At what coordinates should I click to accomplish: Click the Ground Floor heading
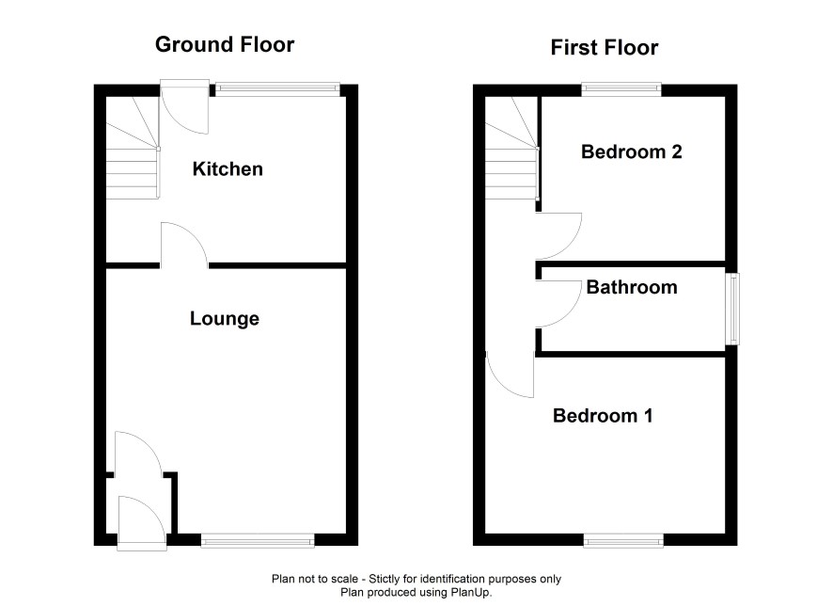pos(225,44)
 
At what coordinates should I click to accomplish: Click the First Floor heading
pos(604,48)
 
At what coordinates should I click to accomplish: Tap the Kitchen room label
pos(228,169)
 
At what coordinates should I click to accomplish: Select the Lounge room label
pos(225,319)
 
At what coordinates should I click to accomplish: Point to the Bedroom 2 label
pos(631,152)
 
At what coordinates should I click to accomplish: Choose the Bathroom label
pos(632,288)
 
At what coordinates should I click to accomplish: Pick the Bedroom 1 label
pos(603,416)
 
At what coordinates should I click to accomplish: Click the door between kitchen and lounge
pos(184,246)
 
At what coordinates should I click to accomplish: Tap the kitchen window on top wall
pos(277,89)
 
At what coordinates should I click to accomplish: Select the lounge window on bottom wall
pos(258,541)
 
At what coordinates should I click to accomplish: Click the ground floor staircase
pos(133,148)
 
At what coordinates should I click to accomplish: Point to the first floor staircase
pos(512,148)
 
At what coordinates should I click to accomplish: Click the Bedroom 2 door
pos(558,236)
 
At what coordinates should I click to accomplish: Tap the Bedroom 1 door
pos(510,375)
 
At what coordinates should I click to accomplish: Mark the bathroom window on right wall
pos(732,309)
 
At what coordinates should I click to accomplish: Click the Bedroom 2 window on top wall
pos(621,89)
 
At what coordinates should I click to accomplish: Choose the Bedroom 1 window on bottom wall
pos(623,541)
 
